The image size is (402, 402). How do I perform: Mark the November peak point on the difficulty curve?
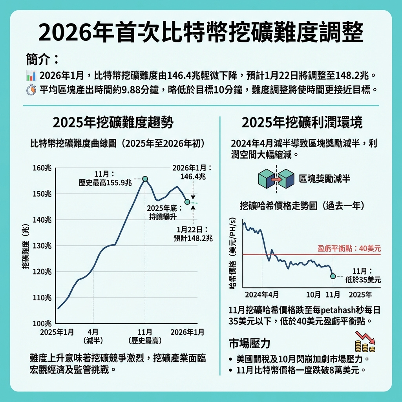pos(145,179)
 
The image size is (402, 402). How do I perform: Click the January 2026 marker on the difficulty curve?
pos(187,202)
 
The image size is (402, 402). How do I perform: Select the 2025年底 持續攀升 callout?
pos(161,212)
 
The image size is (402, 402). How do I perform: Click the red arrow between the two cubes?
pos(276,179)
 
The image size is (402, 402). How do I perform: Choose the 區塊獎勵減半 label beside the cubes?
pos(325,179)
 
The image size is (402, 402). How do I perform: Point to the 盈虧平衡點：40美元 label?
pos(349,249)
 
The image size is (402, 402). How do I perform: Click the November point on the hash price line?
pos(333,276)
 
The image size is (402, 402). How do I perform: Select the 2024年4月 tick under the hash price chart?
pos(262,294)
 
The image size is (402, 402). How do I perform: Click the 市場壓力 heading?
pos(250,344)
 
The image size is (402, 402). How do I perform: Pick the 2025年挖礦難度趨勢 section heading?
pos(113,123)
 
